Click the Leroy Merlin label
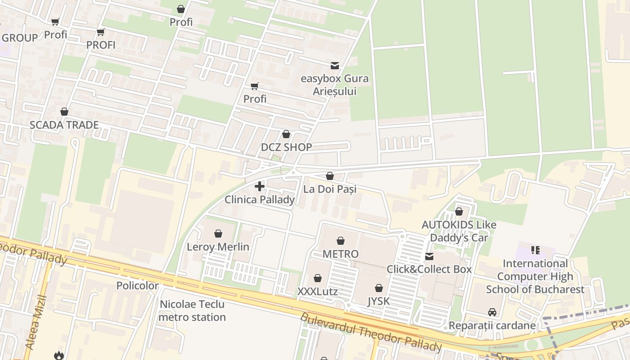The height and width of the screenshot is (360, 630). click(x=218, y=247)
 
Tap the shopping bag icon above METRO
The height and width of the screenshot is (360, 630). click(x=341, y=241)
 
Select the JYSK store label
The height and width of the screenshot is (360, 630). click(x=378, y=301)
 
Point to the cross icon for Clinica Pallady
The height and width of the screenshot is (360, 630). click(x=260, y=186)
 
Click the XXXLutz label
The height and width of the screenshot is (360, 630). click(x=317, y=292)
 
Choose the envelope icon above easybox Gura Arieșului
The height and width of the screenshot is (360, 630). click(x=335, y=66)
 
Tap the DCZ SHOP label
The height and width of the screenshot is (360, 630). click(x=286, y=147)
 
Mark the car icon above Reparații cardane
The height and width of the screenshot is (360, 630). click(x=492, y=312)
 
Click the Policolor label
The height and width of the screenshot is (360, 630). click(x=137, y=286)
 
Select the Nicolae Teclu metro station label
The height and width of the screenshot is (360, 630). click(x=193, y=310)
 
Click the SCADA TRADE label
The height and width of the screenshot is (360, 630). click(x=64, y=125)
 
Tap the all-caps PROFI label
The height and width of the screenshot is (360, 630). click(x=101, y=45)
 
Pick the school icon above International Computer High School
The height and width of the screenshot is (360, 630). click(x=535, y=250)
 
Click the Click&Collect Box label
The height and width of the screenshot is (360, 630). click(x=429, y=269)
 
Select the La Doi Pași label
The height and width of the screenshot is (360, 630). click(x=330, y=189)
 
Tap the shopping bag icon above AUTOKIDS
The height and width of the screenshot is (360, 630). click(x=459, y=211)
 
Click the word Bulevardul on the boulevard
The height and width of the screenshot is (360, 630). click(x=329, y=325)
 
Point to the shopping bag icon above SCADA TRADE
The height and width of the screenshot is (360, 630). click(x=64, y=112)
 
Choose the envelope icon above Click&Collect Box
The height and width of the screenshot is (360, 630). click(x=429, y=256)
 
